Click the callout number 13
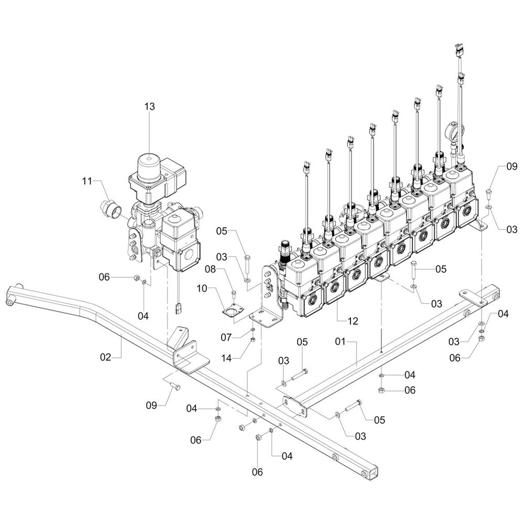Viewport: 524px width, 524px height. (150, 106)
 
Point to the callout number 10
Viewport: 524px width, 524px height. (202, 288)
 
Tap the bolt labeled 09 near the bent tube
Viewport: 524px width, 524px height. (176, 387)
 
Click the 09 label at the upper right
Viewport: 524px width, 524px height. (511, 167)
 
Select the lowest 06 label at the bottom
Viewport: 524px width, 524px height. (257, 472)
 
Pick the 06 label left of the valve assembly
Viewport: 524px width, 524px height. (105, 277)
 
